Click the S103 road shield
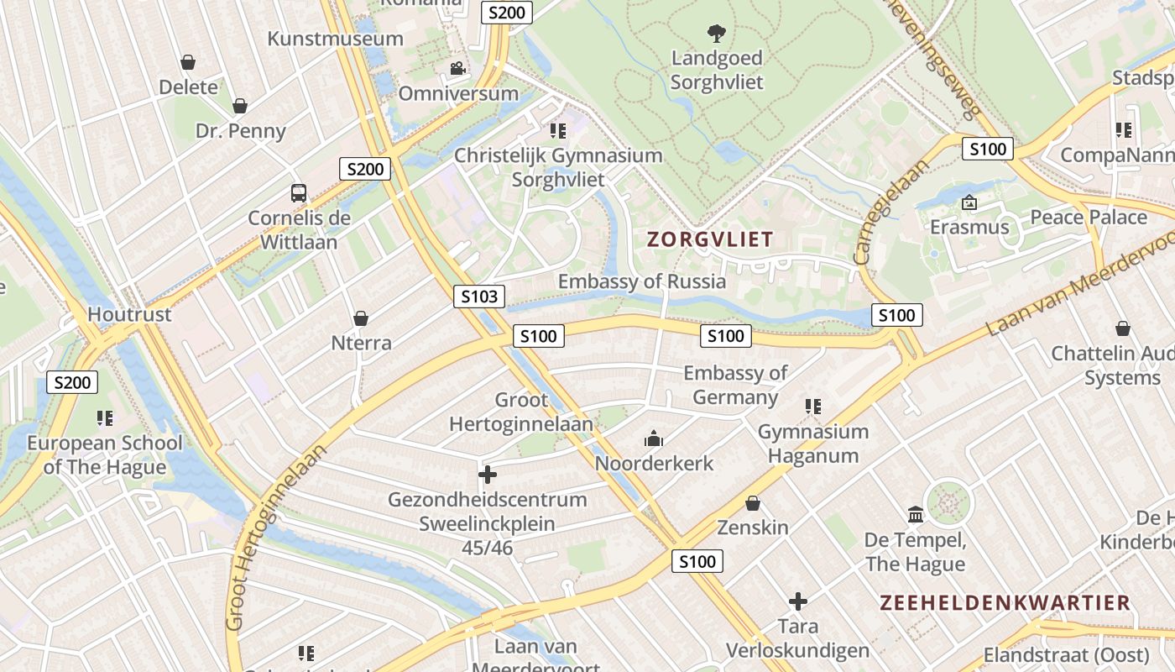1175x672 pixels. pyautogui.click(x=480, y=296)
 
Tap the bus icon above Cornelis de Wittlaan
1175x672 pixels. pyautogui.click(x=299, y=192)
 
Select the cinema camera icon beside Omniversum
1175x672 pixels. pyautogui.click(x=457, y=68)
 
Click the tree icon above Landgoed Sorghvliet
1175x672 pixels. pyautogui.click(x=716, y=34)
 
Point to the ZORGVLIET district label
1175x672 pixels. pyautogui.click(x=709, y=239)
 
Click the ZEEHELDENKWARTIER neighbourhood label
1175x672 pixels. pyautogui.click(x=1005, y=602)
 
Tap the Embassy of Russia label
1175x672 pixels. pyautogui.click(x=642, y=281)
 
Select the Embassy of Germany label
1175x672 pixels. pyautogui.click(x=735, y=385)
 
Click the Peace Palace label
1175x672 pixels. pyautogui.click(x=1088, y=217)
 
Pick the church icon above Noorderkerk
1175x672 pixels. pyautogui.click(x=653, y=438)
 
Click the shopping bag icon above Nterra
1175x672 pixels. pyautogui.click(x=361, y=318)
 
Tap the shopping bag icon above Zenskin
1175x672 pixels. pyautogui.click(x=753, y=503)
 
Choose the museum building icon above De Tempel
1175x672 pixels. pyautogui.click(x=915, y=514)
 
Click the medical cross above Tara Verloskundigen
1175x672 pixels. pyautogui.click(x=797, y=601)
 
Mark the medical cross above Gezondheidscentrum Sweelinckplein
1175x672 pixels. pyautogui.click(x=487, y=475)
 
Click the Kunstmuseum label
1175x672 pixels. pyautogui.click(x=335, y=38)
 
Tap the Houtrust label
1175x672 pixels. pyautogui.click(x=129, y=314)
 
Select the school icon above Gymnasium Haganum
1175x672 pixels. pyautogui.click(x=813, y=407)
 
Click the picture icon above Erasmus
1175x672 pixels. pyautogui.click(x=969, y=202)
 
